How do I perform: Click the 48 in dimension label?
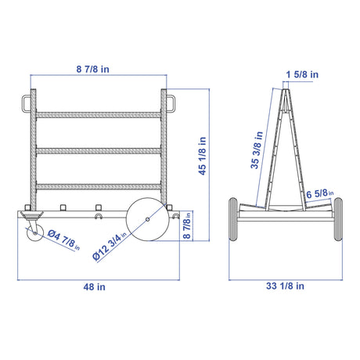point(95,287)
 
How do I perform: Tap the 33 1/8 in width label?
point(285,286)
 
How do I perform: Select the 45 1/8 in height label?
point(202,156)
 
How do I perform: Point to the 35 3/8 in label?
point(257,150)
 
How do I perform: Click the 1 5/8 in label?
point(302,74)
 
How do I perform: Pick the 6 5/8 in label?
point(320,194)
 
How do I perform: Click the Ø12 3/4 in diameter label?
point(110,247)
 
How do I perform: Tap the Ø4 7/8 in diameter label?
point(63,240)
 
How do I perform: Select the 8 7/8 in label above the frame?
point(93,70)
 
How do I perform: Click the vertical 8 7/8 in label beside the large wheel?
point(187,225)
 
